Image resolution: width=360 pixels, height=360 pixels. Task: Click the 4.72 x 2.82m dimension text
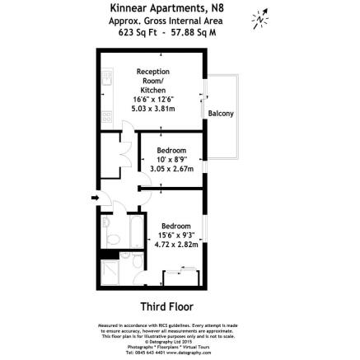(175, 245)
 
